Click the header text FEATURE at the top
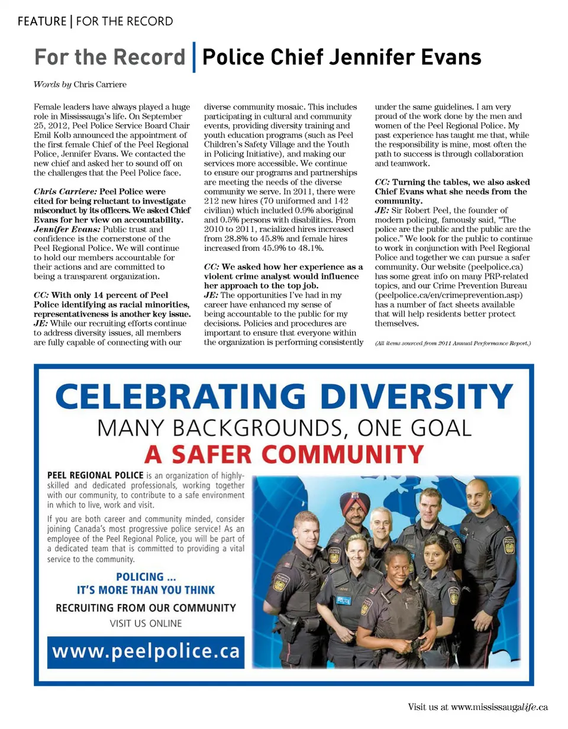(x=41, y=22)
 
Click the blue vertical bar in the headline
(x=195, y=58)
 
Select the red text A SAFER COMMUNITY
(x=284, y=454)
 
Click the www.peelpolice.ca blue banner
(x=146, y=651)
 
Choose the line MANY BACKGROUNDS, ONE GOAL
(x=284, y=427)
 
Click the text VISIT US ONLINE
(x=146, y=623)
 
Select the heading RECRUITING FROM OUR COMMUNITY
(x=146, y=608)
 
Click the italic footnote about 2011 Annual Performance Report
(x=453, y=343)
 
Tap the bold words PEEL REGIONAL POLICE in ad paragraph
(x=95, y=475)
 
